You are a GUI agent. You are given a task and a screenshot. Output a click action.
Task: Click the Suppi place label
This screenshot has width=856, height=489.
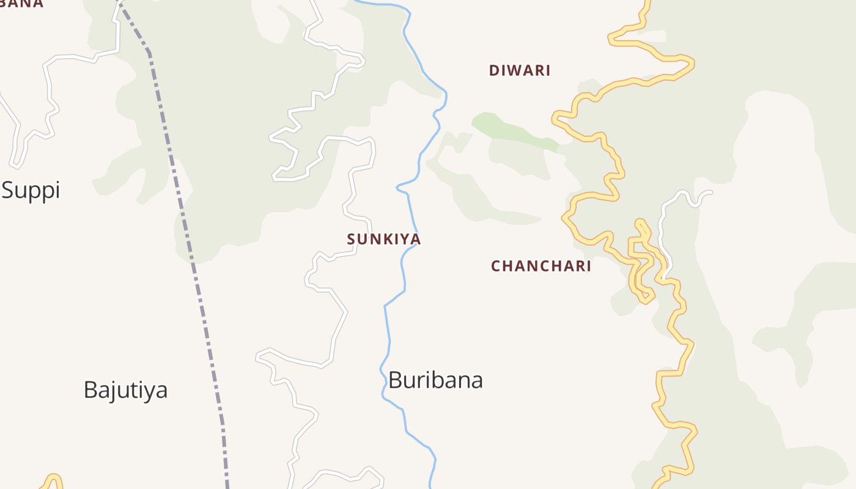(31, 190)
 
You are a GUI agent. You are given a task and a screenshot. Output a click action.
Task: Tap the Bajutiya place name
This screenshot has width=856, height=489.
(125, 389)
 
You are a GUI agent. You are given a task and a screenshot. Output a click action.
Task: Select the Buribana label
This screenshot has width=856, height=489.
(435, 380)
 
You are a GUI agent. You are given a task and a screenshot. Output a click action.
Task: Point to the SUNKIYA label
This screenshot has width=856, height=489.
(384, 239)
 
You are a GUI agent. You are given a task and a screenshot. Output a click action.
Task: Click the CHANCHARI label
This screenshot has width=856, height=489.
(541, 266)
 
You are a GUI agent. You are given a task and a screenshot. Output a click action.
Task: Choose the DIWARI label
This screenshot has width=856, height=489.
(520, 70)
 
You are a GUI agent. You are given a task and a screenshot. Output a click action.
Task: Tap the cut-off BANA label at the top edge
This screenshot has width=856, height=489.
(22, 3)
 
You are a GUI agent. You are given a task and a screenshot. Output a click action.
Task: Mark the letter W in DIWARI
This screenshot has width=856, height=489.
(512, 70)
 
